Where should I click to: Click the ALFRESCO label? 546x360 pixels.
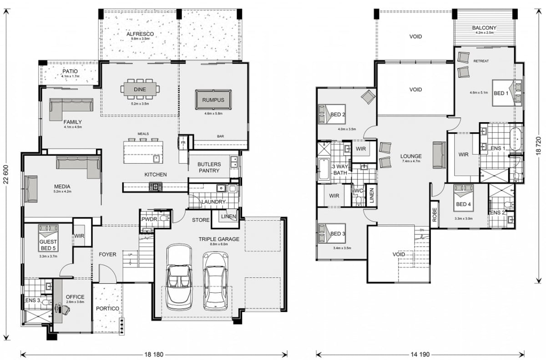tap(140, 34)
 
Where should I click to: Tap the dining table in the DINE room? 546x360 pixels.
tap(140, 89)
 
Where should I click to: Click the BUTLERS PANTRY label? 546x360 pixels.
tap(209, 167)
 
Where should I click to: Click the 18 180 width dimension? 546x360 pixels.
tap(154, 354)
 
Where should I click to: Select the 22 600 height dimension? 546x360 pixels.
tap(5, 176)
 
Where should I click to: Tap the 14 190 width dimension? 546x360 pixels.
tap(420, 354)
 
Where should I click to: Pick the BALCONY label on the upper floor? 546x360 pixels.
tap(484, 28)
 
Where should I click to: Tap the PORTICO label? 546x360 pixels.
tap(108, 309)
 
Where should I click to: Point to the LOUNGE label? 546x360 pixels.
tap(411, 156)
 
